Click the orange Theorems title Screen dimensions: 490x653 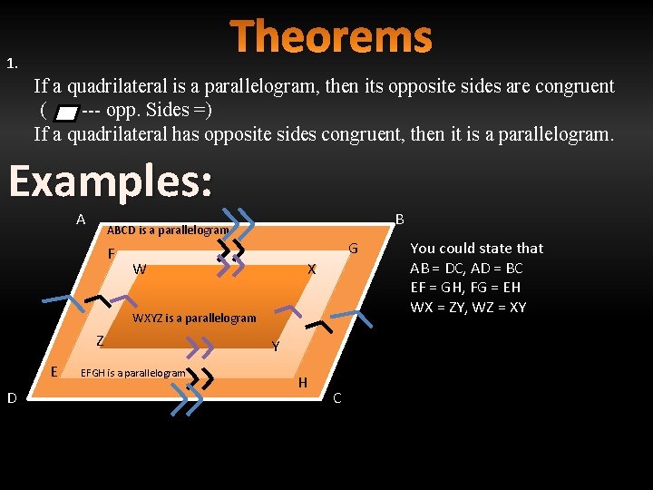[331, 37]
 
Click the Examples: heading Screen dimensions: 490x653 [111, 181]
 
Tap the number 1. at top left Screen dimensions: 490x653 [13, 64]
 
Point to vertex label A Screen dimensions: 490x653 [81, 220]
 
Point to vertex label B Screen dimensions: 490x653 [400, 220]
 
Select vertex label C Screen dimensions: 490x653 [337, 397]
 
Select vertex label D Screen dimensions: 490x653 [12, 397]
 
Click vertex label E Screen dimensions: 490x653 [54, 371]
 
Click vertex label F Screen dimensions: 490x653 [111, 254]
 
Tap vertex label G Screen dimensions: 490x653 [354, 249]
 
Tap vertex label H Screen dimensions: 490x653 [303, 383]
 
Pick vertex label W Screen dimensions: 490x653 [139, 269]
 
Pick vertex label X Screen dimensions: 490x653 [311, 269]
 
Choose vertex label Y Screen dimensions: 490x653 [275, 346]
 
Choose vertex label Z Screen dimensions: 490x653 [102, 341]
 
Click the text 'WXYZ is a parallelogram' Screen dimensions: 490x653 [194, 318]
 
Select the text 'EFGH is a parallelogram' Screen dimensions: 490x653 [133, 373]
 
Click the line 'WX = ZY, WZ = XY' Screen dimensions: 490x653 [468, 307]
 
